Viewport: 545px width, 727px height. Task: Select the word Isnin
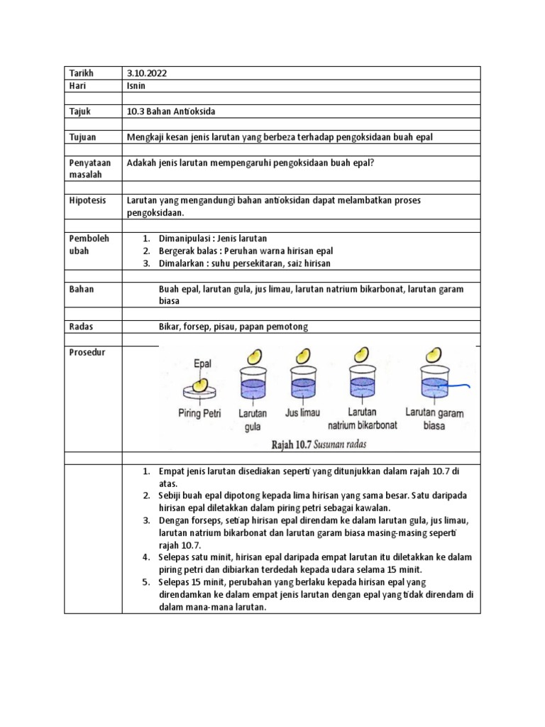137,86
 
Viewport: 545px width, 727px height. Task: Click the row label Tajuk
81,111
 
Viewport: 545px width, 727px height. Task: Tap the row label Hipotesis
87,200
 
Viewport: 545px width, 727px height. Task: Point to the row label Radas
82,327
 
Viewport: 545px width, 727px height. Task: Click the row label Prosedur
87,352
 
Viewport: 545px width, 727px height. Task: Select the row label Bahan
82,289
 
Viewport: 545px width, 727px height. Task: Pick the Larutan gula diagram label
253,420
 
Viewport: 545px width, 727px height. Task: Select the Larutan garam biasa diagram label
434,419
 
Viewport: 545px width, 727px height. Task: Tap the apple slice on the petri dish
202,384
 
